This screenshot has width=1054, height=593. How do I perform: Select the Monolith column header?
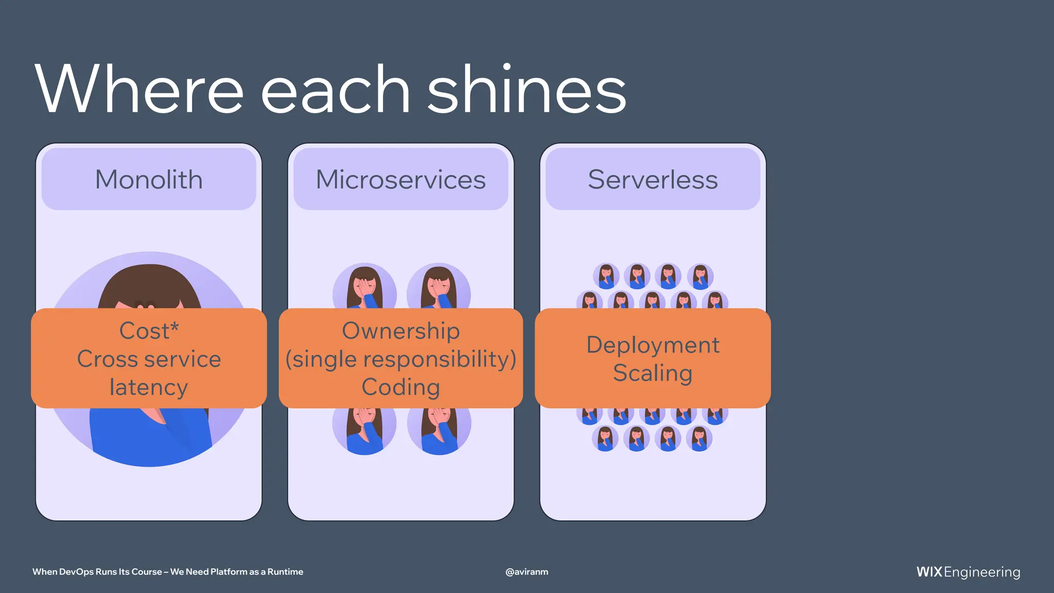(149, 179)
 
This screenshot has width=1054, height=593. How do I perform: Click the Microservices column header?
(400, 179)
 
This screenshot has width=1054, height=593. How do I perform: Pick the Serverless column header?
(653, 179)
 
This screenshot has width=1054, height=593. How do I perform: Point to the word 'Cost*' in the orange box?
(149, 330)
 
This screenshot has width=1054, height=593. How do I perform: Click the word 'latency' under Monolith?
(149, 387)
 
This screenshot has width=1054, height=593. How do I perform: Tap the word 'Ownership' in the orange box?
(400, 330)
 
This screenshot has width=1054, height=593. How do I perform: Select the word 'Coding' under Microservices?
(400, 387)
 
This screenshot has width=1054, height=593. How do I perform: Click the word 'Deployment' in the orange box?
(653, 344)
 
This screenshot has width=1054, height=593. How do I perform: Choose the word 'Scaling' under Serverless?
(653, 373)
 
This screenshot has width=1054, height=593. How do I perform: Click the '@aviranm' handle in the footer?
(526, 571)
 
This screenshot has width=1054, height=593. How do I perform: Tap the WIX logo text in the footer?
(929, 572)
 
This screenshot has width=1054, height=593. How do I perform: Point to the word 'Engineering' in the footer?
(982, 572)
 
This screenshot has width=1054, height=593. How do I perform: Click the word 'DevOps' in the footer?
(76, 571)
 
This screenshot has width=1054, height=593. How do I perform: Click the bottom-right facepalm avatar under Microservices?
(439, 430)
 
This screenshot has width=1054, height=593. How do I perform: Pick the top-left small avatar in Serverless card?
(606, 276)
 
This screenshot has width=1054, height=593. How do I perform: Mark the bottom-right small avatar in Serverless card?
(699, 439)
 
